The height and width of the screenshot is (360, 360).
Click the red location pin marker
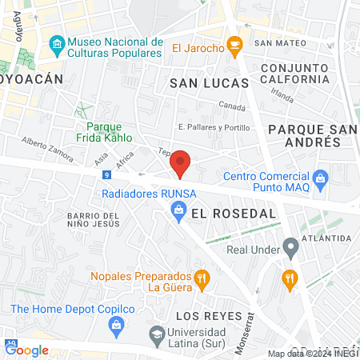pyautogui.click(x=181, y=163)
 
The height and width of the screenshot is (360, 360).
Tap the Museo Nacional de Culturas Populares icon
pyautogui.click(x=57, y=42)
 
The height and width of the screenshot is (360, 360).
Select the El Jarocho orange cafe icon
pyautogui.click(x=234, y=47)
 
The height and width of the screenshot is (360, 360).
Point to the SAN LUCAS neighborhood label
pyautogui.click(x=202, y=82)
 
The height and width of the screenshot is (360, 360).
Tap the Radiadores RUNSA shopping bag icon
pyautogui.click(x=180, y=210)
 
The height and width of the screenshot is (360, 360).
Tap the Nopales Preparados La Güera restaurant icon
pyautogui.click(x=202, y=279)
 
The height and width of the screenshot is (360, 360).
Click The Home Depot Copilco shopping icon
pyautogui.click(x=117, y=324)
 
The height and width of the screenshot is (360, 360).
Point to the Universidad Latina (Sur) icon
pyautogui.click(x=155, y=333)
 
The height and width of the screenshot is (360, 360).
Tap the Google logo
pyautogui.click(x=26, y=350)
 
